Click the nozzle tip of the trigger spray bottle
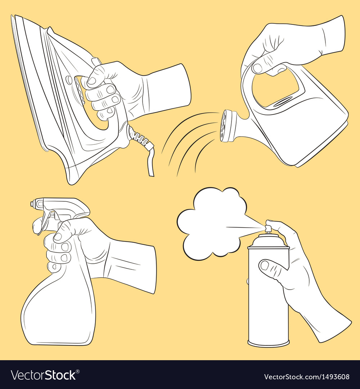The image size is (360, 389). coord(33,204)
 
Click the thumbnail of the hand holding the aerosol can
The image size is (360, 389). coord(265,265)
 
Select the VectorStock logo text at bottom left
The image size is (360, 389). coord(43,375)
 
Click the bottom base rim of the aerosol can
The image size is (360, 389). coord(268,344)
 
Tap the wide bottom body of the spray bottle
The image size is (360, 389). coord(58,313)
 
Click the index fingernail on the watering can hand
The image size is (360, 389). coord(257,68)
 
